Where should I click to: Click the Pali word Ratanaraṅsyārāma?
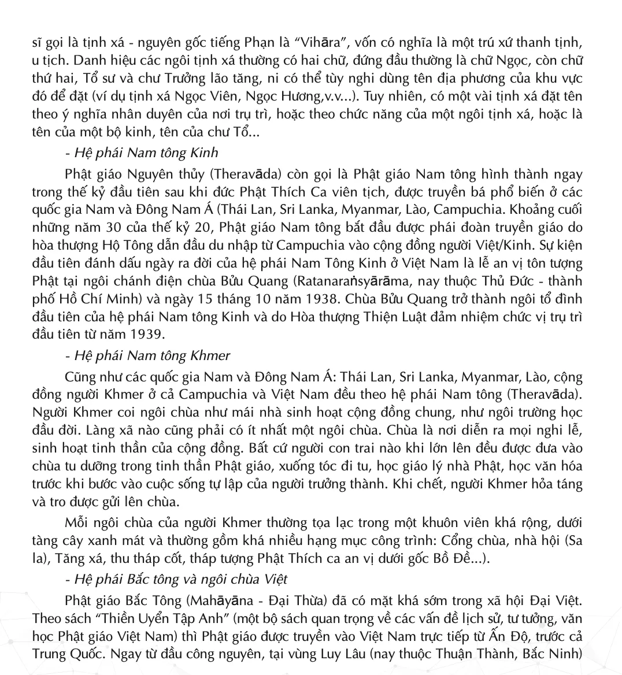pyautogui.click(x=353, y=281)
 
